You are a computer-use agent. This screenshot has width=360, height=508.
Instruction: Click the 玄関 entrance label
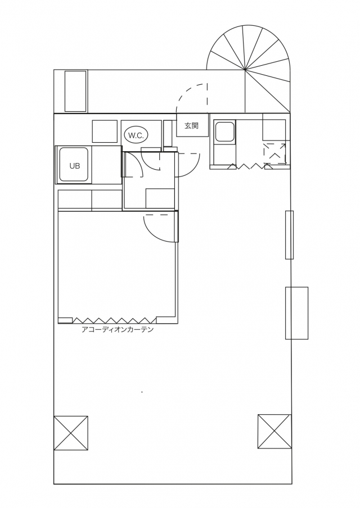(x=191, y=126)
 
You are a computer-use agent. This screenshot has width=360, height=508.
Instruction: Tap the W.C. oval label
(x=136, y=135)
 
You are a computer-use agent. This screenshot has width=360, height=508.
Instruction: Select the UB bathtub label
(x=75, y=166)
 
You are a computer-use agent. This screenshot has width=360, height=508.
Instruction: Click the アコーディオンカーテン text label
(x=118, y=330)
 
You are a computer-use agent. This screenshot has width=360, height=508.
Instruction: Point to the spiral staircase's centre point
(x=245, y=70)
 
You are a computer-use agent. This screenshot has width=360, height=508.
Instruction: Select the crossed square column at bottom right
(x=274, y=431)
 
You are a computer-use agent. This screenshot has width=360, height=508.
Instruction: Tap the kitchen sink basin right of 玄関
(x=224, y=131)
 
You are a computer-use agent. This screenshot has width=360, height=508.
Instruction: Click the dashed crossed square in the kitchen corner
(x=275, y=153)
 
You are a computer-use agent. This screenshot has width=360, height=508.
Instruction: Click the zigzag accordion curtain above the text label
(x=115, y=320)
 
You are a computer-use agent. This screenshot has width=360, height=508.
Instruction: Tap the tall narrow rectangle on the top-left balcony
(x=75, y=92)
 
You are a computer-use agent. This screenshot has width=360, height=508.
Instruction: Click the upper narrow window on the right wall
(x=289, y=235)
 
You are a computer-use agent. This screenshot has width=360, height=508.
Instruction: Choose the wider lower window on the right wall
(x=296, y=313)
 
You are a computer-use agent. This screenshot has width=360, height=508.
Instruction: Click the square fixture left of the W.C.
(x=105, y=131)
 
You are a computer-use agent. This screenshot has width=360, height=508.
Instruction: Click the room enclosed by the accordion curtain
(x=117, y=266)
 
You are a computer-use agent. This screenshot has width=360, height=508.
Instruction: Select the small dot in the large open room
(x=142, y=392)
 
